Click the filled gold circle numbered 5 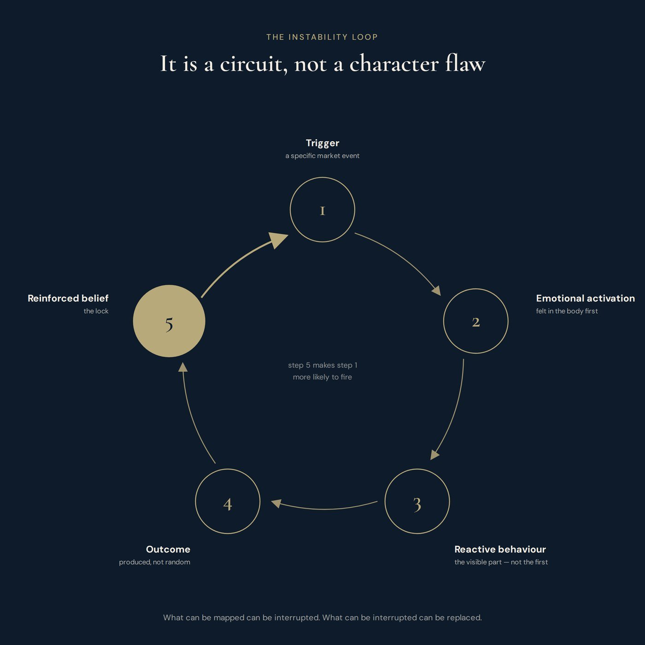point(169,321)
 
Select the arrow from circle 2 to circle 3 point(455,412)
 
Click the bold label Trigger point(322,143)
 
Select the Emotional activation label point(586,298)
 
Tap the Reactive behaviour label point(500,549)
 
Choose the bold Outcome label point(168,549)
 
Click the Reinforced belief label point(68,298)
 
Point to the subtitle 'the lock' point(96,311)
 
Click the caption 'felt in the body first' point(567,311)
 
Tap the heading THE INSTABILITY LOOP point(322,37)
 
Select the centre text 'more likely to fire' point(322,377)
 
